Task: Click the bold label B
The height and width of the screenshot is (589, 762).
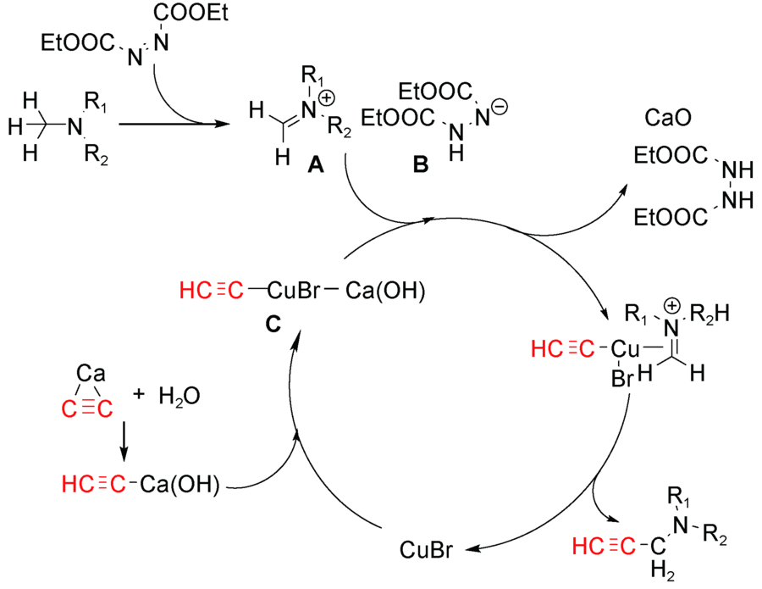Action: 421,168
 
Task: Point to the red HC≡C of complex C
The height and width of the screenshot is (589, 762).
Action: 211,292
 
